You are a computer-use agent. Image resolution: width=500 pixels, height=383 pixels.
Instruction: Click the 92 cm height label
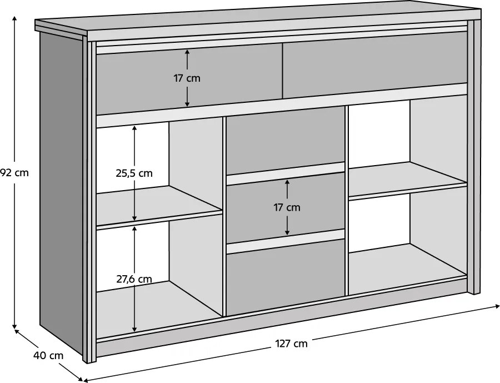point(14,173)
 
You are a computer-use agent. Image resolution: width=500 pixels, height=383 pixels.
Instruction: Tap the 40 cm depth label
point(48,355)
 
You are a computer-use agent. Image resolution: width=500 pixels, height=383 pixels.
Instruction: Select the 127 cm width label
point(291,344)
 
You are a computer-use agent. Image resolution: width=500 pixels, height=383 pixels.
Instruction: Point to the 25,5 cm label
point(134,173)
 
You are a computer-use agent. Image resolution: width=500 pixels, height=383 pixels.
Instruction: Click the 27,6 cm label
point(134,279)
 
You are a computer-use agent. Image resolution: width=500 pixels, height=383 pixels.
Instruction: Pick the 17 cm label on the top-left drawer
point(187,78)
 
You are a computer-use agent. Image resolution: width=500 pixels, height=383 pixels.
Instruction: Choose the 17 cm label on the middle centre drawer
point(287,207)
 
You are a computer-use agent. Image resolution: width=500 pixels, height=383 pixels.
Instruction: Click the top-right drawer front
point(375,64)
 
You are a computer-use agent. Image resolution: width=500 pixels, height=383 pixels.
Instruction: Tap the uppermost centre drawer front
point(286,141)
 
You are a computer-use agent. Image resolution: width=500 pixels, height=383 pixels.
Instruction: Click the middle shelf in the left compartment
point(159,206)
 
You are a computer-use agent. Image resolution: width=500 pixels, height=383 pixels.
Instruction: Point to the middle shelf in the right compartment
point(408,180)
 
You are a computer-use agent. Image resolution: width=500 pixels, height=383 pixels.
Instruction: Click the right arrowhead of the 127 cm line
point(497,306)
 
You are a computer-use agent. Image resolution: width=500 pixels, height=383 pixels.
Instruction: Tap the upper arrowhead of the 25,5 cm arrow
point(134,128)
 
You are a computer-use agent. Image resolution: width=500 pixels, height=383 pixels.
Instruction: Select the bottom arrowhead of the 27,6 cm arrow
point(134,328)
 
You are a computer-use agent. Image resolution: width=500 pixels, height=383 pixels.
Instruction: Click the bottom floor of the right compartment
point(408,266)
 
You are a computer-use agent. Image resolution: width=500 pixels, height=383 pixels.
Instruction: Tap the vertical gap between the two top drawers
point(283,71)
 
